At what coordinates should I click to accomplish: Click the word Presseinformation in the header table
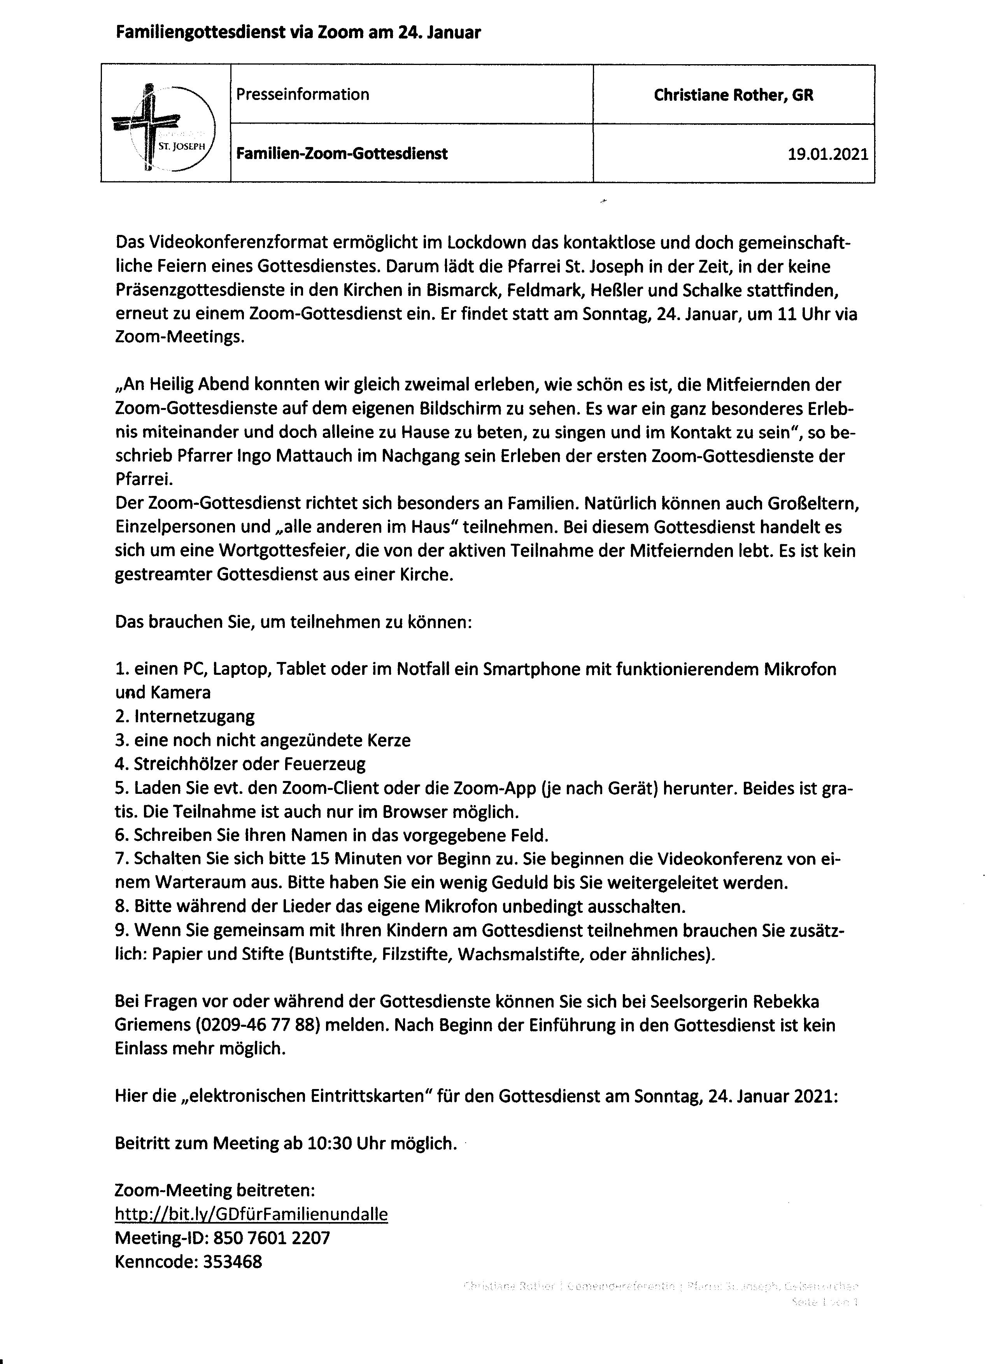coord(303,95)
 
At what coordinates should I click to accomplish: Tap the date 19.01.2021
coord(828,154)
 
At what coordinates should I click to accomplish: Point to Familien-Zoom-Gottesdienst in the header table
coord(342,154)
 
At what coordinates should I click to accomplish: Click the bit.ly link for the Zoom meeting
coord(251,1214)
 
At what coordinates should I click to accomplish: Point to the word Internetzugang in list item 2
coord(194,716)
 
